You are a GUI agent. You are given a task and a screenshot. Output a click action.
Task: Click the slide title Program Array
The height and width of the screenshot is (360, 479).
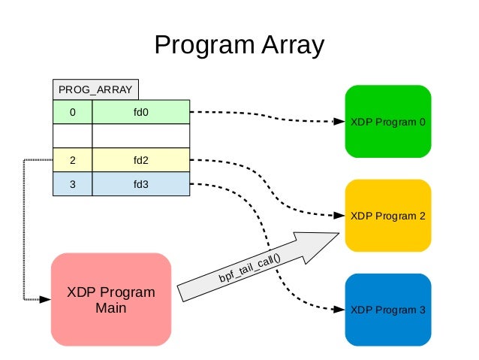pos(239,45)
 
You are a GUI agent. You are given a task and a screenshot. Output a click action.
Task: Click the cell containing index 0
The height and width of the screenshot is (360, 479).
pos(73,112)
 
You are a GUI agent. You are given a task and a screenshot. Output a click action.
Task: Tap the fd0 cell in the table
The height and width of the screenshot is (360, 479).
pos(140,112)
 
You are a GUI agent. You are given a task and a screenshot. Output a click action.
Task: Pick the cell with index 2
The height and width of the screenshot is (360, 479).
pos(73,160)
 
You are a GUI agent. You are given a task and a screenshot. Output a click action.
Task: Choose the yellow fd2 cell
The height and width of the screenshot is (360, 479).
pos(140,160)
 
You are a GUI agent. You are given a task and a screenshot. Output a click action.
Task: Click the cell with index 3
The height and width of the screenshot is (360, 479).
pos(73,184)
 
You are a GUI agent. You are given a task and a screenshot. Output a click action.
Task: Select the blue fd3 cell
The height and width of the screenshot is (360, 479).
pos(140,184)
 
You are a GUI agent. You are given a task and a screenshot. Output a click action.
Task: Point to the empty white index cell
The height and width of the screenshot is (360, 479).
pos(73,136)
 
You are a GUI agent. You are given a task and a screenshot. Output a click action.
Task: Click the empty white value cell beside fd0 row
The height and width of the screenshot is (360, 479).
pos(140,136)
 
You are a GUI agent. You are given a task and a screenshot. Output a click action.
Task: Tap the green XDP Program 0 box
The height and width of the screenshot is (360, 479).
pos(387,122)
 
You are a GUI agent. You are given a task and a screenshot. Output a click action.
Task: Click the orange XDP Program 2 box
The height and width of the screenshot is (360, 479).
pos(387,216)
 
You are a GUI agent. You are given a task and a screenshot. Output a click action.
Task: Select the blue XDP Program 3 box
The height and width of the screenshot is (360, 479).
pos(387,310)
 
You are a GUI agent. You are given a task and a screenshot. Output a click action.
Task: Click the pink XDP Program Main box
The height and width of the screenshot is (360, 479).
pos(111,299)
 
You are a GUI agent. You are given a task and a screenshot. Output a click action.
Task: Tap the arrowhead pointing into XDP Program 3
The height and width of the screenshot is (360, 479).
pos(338,310)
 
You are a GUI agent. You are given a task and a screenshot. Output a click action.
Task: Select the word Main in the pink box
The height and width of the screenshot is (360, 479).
pos(111,308)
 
